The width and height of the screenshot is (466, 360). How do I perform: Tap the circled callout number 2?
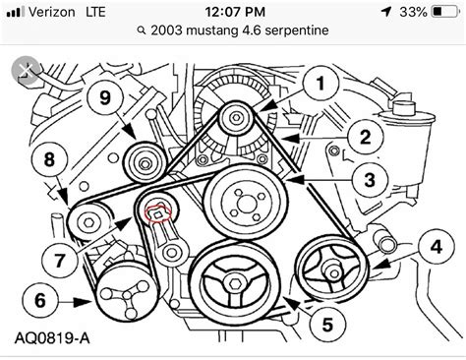pyautogui.click(x=363, y=138)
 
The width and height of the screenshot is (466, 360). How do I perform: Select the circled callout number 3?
pyautogui.click(x=370, y=180)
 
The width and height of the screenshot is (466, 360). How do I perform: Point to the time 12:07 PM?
pyautogui.click(x=232, y=13)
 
